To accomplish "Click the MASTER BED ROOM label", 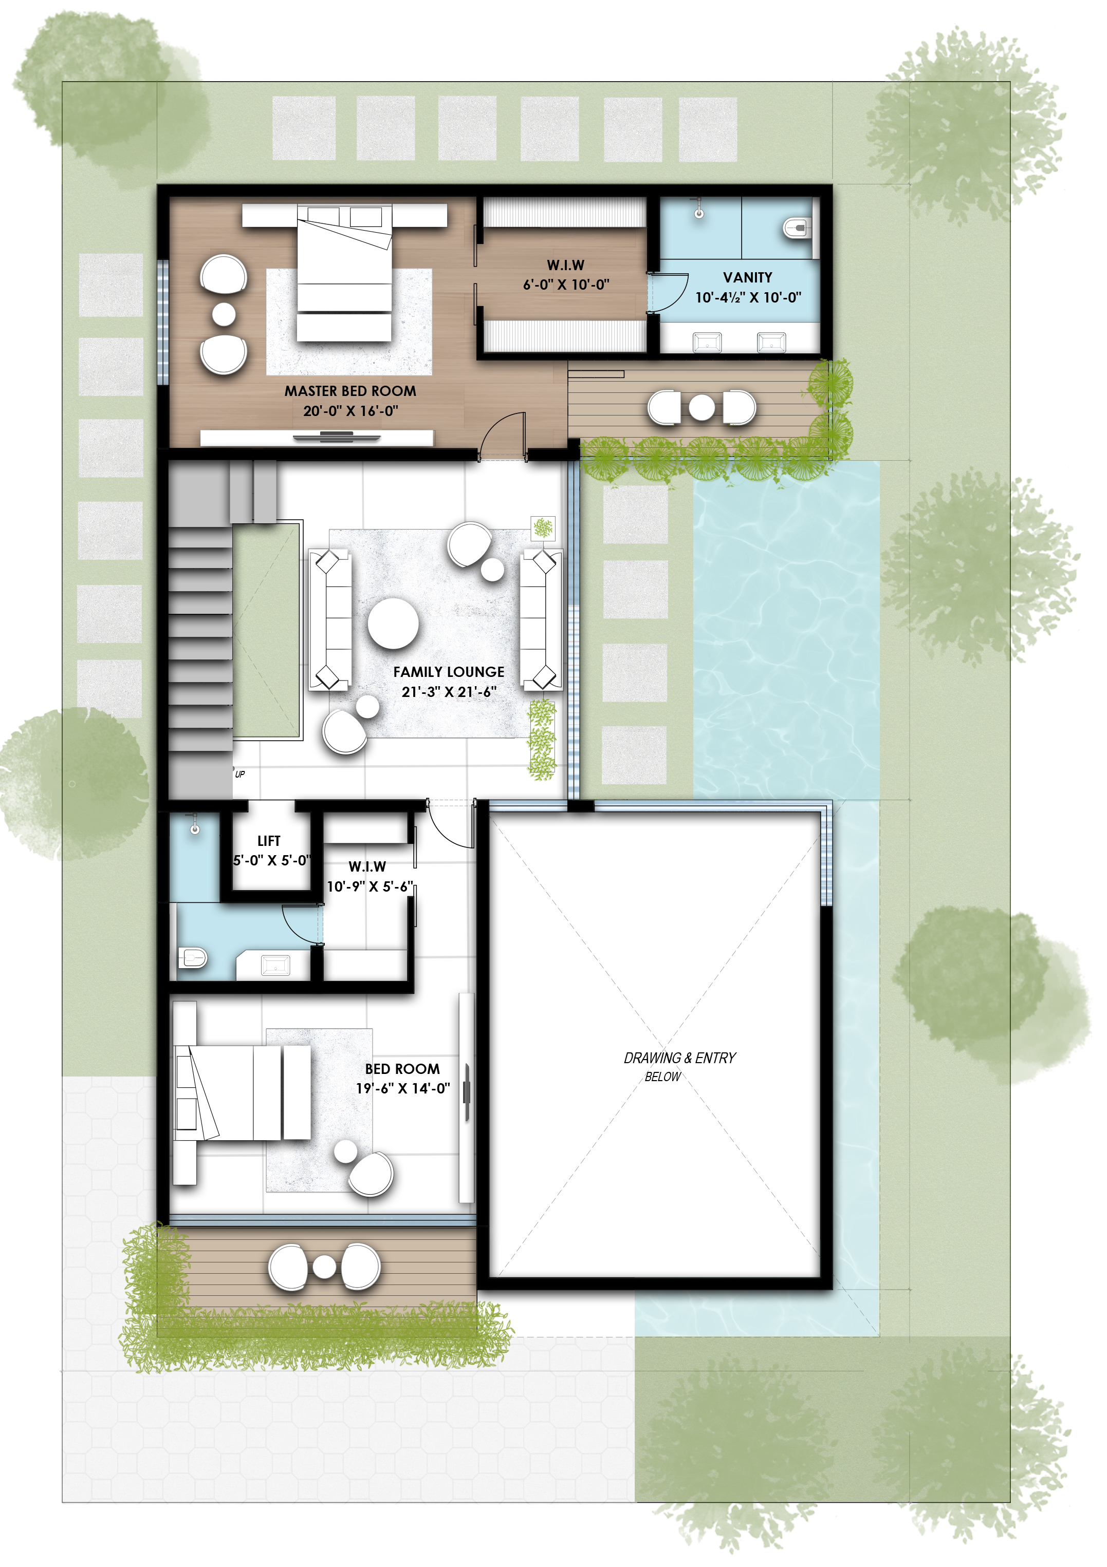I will tap(350, 391).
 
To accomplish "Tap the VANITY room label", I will tap(747, 277).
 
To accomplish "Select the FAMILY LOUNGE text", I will tap(449, 672).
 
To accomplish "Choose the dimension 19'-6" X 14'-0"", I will tap(402, 1088).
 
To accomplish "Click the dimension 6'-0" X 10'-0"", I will tap(566, 285).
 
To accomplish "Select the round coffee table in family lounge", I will tap(393, 622).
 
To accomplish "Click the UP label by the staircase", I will tap(239, 774).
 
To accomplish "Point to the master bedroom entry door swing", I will tap(502, 436).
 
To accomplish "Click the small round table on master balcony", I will tap(702, 407).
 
